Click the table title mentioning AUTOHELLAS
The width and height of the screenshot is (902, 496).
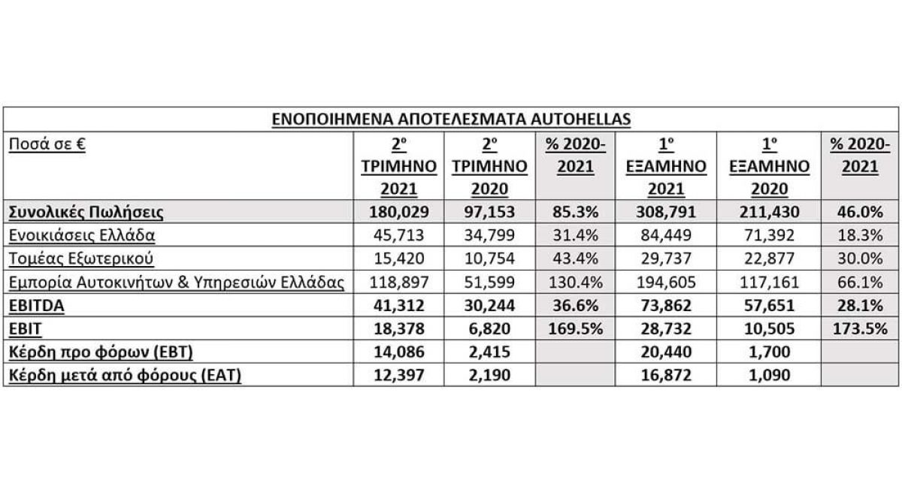coord(451,119)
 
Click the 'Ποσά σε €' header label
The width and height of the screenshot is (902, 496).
coord(47,144)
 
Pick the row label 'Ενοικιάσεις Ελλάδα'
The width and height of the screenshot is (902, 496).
coord(81,234)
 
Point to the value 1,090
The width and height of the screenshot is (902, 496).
coord(769,376)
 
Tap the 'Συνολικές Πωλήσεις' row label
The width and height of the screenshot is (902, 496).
coord(86,213)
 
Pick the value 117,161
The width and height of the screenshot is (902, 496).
coord(769,283)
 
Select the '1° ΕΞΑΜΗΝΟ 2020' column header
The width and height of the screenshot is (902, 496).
coord(769,168)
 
